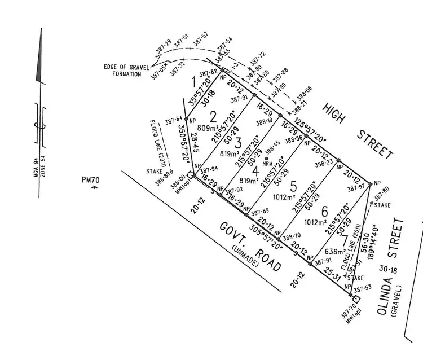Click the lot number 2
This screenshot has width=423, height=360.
[x=213, y=117]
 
